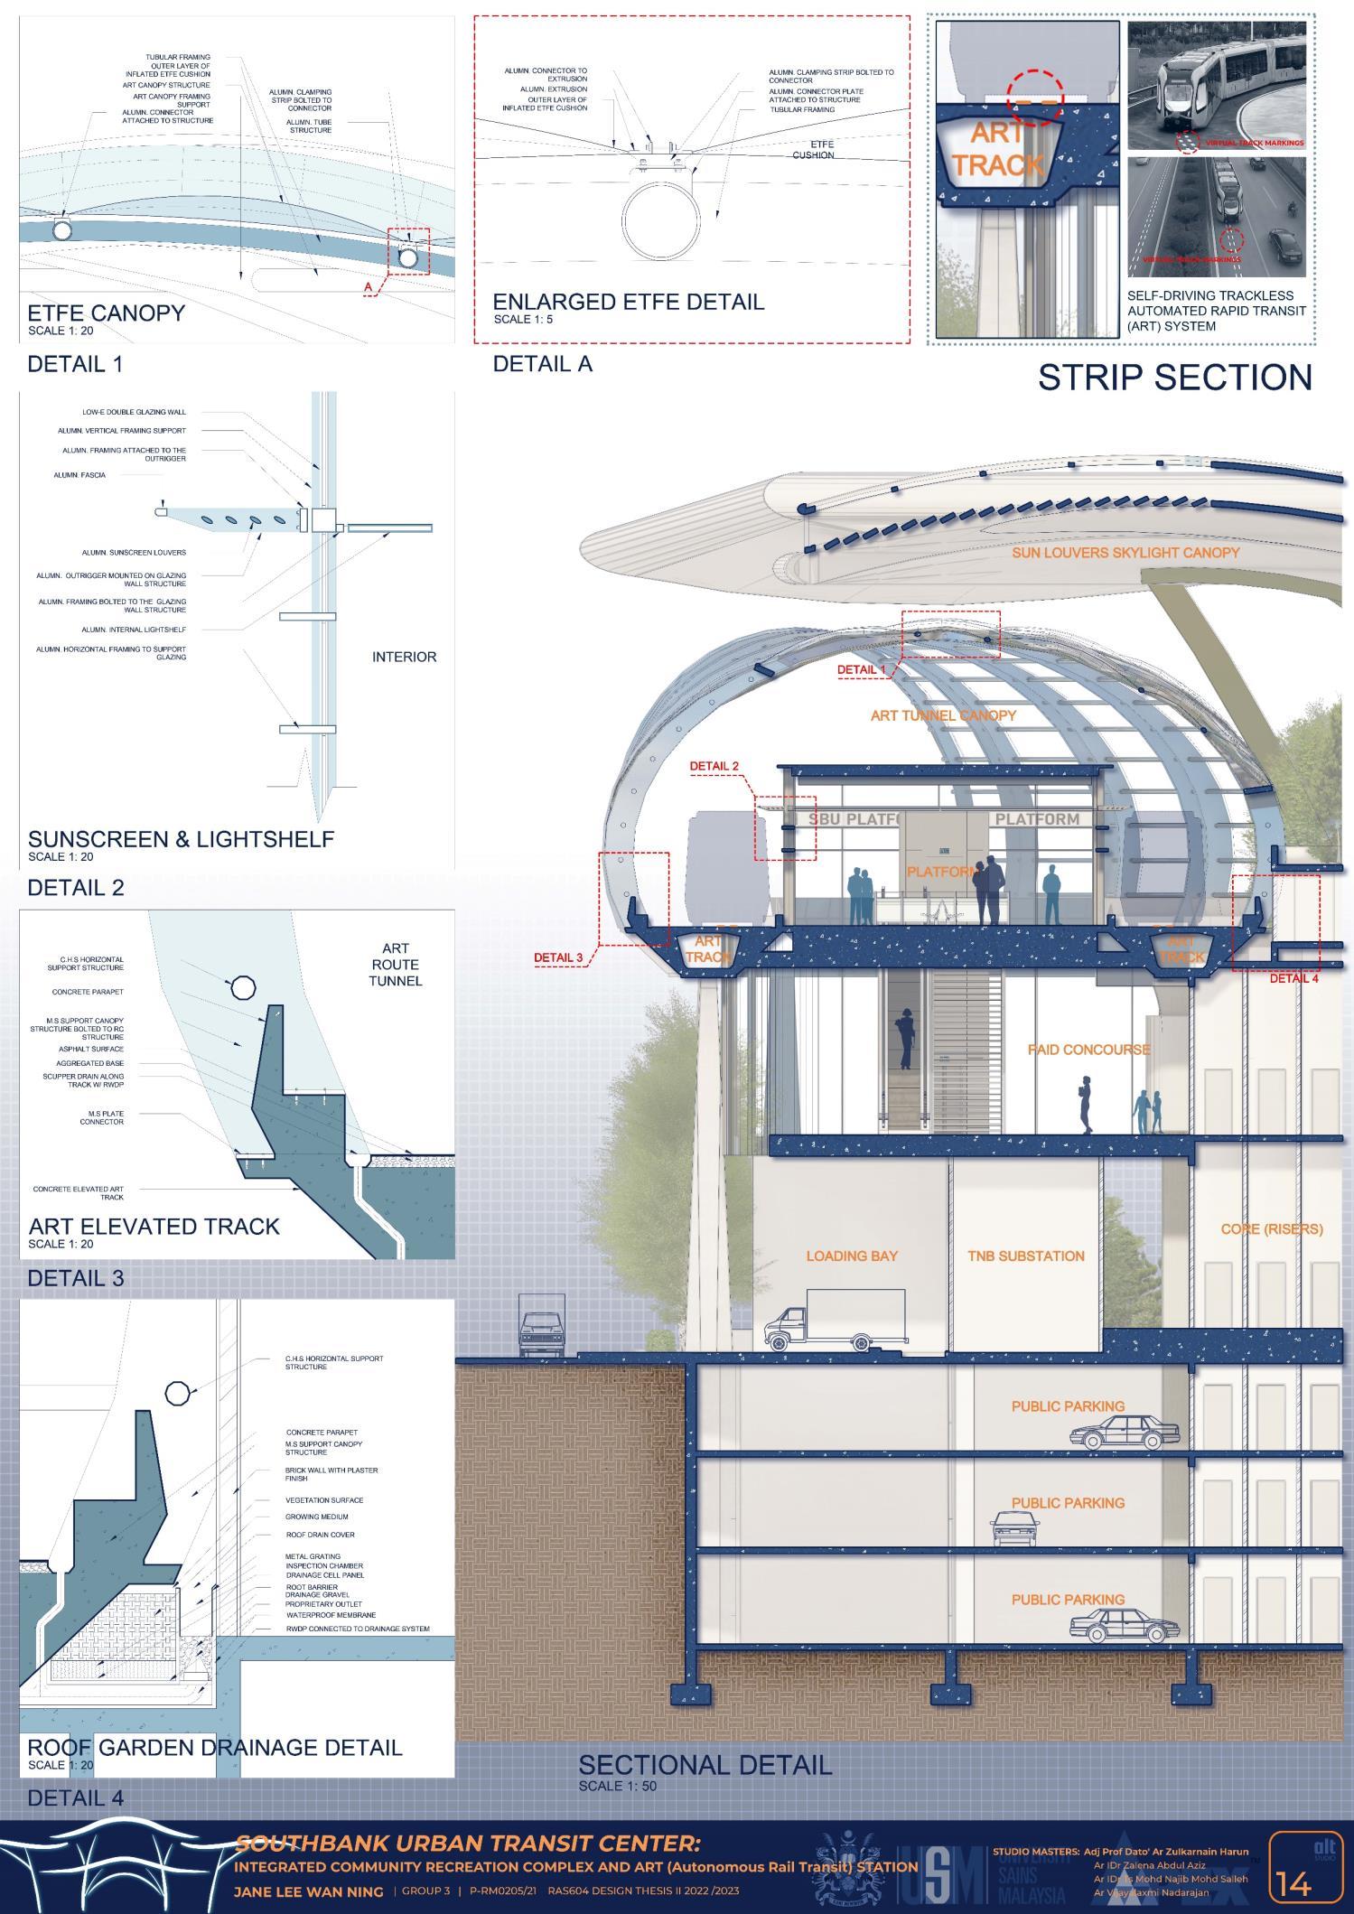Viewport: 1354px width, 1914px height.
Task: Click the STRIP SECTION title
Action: (1174, 378)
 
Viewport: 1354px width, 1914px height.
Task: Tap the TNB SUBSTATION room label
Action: (1025, 1256)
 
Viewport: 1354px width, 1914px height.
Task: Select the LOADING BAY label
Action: (852, 1256)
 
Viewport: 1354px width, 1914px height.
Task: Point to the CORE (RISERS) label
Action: (1271, 1229)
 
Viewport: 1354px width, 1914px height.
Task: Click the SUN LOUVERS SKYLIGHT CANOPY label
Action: (1125, 553)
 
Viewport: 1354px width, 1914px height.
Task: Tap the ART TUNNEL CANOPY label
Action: (943, 715)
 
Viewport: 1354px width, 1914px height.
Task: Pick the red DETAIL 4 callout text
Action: (1293, 978)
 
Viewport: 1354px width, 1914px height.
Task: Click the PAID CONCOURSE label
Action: (1088, 1050)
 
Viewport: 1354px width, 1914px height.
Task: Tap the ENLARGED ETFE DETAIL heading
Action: (628, 302)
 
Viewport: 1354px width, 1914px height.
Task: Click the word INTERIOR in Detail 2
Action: (404, 657)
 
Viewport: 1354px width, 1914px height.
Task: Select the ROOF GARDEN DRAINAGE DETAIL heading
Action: (215, 1747)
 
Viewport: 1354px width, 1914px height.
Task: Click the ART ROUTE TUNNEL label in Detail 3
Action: (395, 965)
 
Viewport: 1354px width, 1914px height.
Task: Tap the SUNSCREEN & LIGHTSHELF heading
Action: (181, 839)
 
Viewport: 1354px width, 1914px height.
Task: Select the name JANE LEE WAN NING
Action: (308, 1891)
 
